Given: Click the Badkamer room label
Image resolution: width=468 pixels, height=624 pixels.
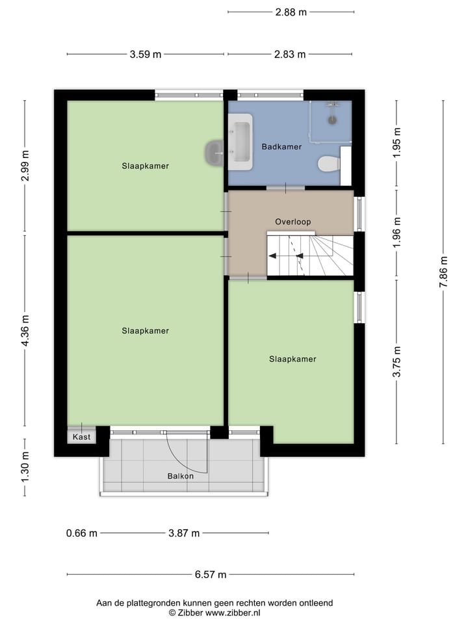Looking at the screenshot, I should (281, 147).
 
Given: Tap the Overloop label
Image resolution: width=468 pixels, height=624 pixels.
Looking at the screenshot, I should (292, 222).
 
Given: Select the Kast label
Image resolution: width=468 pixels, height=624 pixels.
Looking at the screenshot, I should (81, 437).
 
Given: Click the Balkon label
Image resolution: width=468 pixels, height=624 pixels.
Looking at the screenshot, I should (180, 476).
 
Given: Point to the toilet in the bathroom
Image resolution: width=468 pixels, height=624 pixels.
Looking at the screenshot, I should (329, 164).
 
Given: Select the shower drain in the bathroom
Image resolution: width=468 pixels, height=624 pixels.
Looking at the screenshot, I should (332, 120).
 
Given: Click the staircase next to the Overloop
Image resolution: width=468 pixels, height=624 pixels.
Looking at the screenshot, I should (310, 255).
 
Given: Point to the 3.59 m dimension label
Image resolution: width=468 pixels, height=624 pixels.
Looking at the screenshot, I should (146, 55).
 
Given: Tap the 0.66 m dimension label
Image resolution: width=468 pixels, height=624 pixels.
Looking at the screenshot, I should (82, 534).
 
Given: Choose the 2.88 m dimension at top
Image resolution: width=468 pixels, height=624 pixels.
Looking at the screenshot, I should (291, 12).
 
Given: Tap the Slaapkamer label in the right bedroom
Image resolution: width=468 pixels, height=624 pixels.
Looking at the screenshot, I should (292, 359).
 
